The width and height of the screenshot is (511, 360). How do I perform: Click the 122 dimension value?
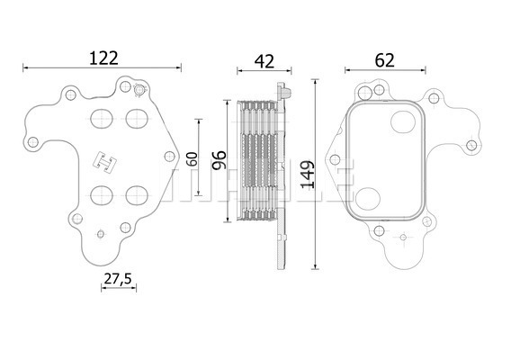pos(103,58)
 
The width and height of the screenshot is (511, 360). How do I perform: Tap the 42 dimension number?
pos(264,61)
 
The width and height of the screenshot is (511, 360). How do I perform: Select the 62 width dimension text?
pos(384,60)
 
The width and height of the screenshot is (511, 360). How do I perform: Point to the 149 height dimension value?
pos(308,174)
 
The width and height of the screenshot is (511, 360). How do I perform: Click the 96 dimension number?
pos(219,160)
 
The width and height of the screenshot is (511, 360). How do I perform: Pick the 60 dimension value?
pos(192,158)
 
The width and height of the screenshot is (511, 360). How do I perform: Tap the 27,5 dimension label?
pos(118,279)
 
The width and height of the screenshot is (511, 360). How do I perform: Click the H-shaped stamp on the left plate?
pos(105,162)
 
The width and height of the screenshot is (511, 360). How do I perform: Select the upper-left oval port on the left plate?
pos(102,119)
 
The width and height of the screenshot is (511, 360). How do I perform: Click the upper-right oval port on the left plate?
pos(137,119)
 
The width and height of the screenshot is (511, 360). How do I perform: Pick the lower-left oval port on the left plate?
pos(102,195)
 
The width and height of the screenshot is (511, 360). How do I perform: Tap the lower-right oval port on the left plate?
pos(137,195)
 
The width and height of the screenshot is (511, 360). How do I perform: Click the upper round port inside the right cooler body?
pos(403,122)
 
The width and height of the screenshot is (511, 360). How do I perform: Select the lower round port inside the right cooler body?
pos(368,199)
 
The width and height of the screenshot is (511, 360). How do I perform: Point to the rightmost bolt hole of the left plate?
pos(169,157)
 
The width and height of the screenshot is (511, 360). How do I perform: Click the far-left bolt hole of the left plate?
pos(33,142)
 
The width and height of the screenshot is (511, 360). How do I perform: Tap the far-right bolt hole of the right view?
pos(471,146)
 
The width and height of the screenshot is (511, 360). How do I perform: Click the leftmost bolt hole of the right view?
pos(335,159)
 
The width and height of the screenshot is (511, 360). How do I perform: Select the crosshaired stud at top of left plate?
pos(139,90)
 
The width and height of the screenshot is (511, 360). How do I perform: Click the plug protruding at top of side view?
pos(287,92)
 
